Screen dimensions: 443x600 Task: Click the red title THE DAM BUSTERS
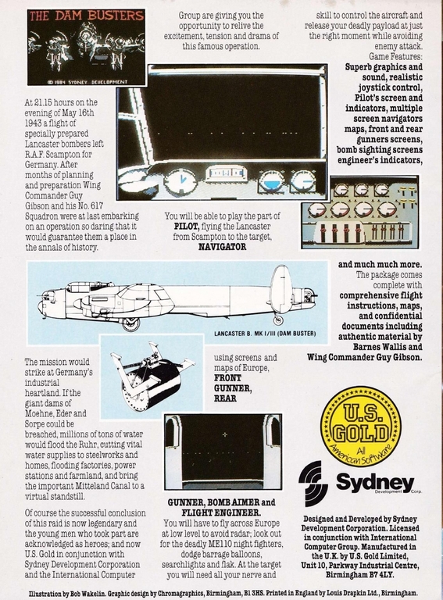[87, 16]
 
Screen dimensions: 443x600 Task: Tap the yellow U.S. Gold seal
[360, 427]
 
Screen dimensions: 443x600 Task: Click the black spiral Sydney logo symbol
[313, 478]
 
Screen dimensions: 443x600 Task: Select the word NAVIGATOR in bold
[222, 247]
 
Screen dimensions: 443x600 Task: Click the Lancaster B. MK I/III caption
[265, 334]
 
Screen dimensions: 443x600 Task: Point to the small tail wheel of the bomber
[279, 320]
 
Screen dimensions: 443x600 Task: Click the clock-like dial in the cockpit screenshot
[177, 180]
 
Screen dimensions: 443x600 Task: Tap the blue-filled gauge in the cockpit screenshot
[272, 181]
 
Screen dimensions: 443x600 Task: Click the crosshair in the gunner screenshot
[224, 434]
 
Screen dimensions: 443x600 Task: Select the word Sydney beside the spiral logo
[375, 482]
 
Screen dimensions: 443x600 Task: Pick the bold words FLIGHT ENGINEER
[221, 512]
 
